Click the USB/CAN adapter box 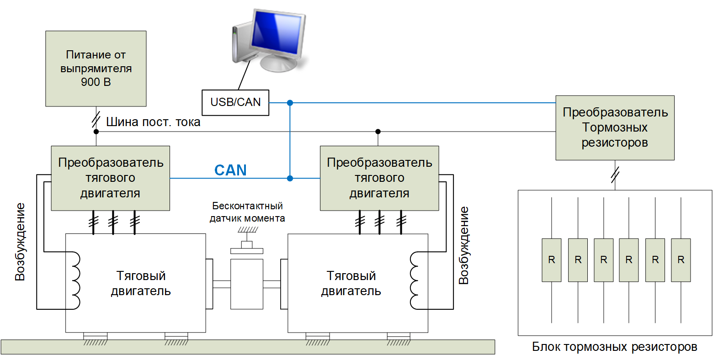coord(235,102)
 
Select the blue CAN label coord(230,170)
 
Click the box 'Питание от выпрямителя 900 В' coord(96,69)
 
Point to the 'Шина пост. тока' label coord(153,122)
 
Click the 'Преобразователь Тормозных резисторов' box coord(615,127)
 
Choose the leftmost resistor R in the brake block coord(552,259)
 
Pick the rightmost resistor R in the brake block coord(681,259)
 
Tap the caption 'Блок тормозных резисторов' coord(615,347)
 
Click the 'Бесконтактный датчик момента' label coord(247,212)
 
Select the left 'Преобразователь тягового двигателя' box coord(110,178)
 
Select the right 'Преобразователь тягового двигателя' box coord(379,178)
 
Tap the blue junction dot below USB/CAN coord(290,103)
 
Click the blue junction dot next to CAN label coord(290,178)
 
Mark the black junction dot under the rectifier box coord(96,132)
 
